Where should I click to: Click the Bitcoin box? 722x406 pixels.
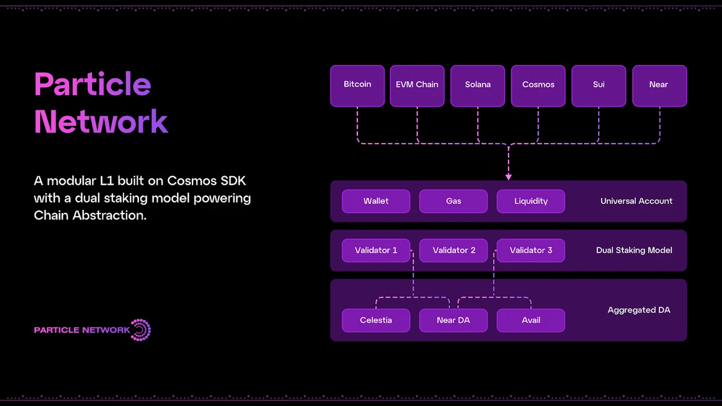[x=357, y=85]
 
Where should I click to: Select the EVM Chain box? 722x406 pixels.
[x=417, y=85]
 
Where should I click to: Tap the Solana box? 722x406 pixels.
[x=478, y=85]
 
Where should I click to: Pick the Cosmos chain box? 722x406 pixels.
[x=538, y=85]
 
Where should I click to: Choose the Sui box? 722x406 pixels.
[x=599, y=85]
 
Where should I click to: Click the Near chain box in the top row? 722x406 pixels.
[x=659, y=85]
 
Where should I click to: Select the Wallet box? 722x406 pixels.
[x=376, y=201]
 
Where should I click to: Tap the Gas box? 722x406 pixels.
[x=454, y=201]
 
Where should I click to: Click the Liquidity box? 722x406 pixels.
[x=531, y=201]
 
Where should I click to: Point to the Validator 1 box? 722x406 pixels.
[x=376, y=250]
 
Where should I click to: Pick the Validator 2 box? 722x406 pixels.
[x=454, y=250]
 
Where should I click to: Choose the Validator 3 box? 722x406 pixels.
[x=531, y=250]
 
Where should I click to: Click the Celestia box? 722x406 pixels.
[x=376, y=320]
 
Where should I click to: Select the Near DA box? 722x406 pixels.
[x=454, y=320]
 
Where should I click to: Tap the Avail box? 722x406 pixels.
[x=531, y=320]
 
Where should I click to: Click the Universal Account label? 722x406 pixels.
[x=637, y=201]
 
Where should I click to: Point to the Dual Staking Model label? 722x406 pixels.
[x=634, y=250]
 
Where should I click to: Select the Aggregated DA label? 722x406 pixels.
[x=638, y=310]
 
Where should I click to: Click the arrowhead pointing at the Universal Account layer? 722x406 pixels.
[x=508, y=177]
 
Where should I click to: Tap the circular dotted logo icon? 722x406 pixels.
[x=141, y=330]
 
